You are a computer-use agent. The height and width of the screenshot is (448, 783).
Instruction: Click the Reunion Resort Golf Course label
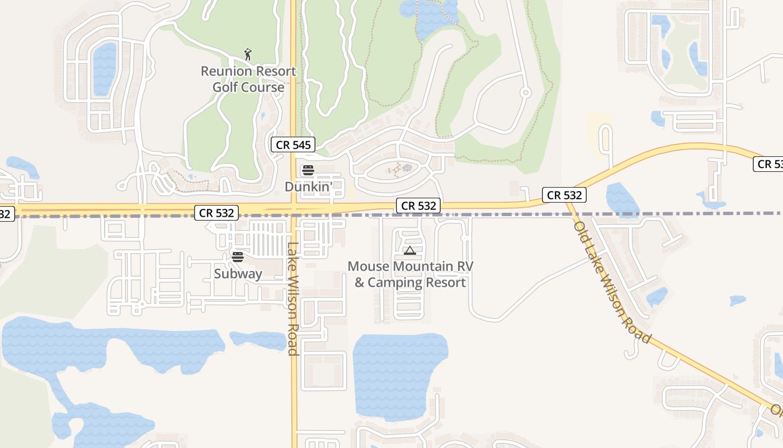248,79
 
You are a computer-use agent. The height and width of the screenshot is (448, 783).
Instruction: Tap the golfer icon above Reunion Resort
248,54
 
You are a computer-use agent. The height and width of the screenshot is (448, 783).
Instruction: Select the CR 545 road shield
293,144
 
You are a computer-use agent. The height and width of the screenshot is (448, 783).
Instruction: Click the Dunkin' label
309,186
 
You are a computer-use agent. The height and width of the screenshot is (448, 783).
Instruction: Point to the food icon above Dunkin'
308,170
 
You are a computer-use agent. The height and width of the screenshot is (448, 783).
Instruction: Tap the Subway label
238,273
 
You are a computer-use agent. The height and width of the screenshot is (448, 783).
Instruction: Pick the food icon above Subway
238,257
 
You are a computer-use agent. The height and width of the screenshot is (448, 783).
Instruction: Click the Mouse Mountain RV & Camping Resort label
411,274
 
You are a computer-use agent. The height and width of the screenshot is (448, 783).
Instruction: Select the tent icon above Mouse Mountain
410,250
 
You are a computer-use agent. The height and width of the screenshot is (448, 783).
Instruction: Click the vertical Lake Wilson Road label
293,298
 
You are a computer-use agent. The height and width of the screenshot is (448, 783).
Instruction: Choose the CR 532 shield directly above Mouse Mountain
418,206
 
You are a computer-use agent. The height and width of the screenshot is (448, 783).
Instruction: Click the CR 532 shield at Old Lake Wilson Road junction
564,195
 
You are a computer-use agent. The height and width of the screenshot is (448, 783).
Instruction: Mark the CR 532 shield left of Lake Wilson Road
216,213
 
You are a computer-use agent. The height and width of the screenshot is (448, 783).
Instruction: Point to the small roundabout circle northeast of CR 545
525,92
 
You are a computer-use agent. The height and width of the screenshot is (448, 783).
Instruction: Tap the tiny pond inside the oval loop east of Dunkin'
407,167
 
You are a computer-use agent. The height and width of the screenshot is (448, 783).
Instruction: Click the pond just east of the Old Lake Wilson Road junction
622,199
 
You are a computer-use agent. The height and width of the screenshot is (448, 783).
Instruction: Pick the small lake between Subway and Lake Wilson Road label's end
258,339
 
